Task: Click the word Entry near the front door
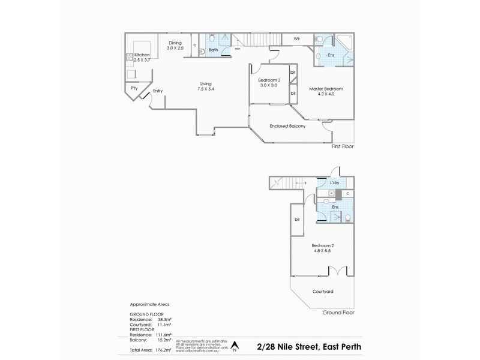tap(158, 91)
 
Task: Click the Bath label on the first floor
tap(213, 51)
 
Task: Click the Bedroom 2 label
tap(323, 248)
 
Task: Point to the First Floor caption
tap(343, 146)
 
